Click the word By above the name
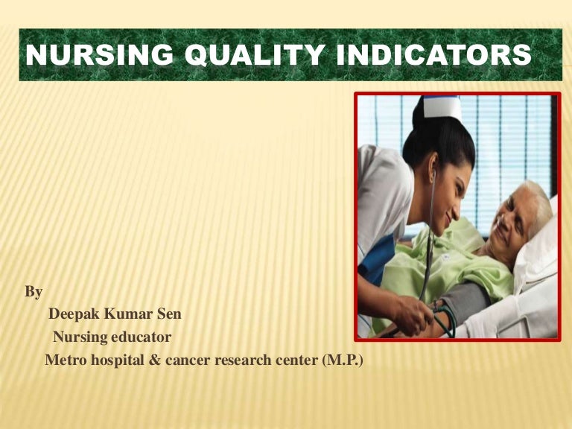(x=34, y=293)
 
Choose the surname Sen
(x=168, y=314)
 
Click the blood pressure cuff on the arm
(x=465, y=302)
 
